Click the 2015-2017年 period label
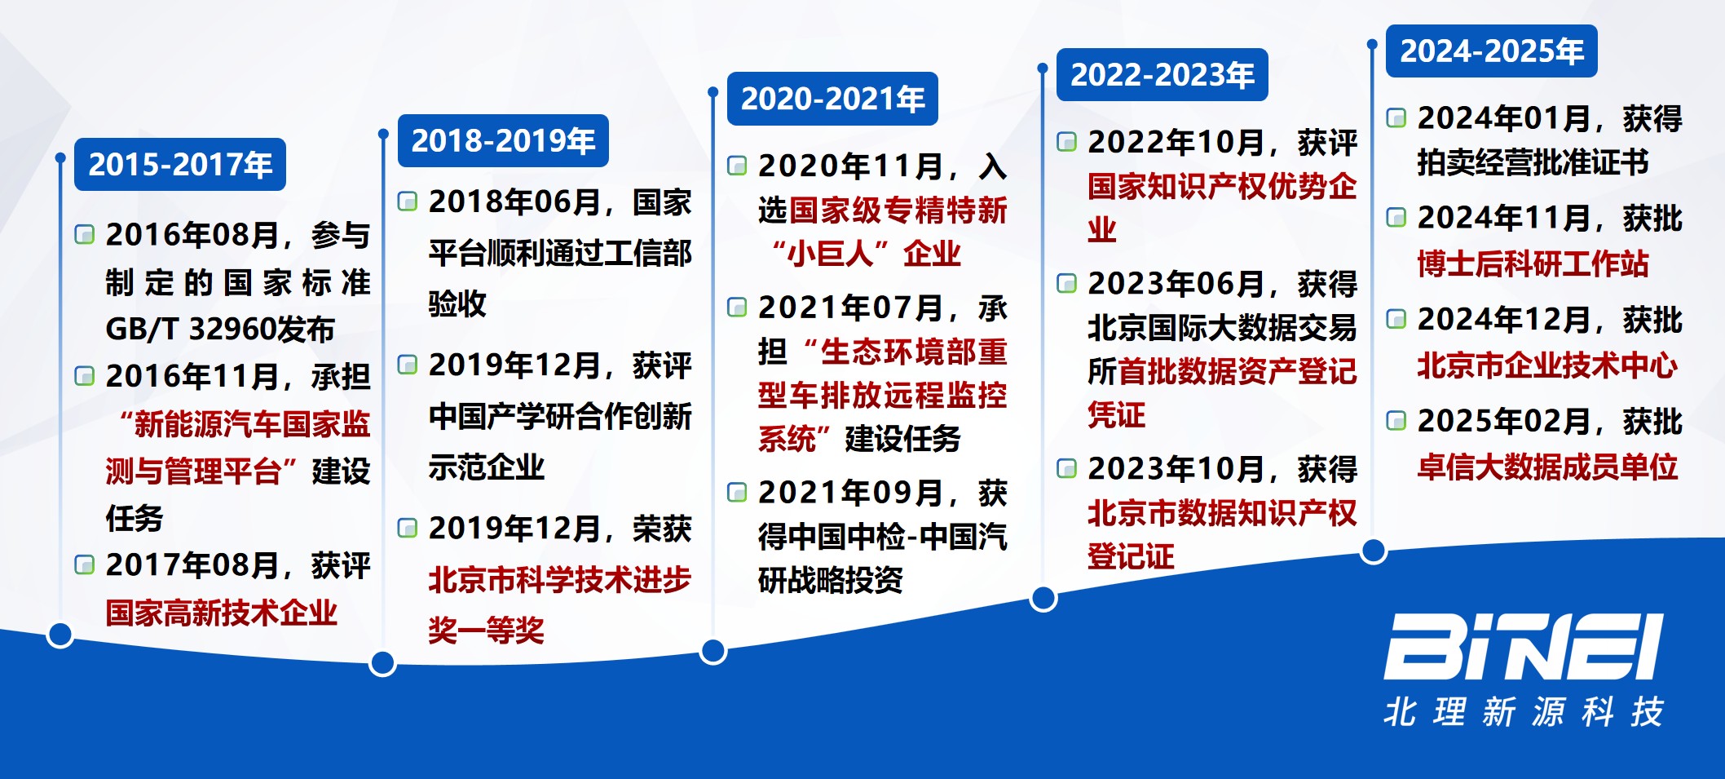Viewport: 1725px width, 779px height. click(x=180, y=165)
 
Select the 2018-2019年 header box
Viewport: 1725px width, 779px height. click(x=503, y=141)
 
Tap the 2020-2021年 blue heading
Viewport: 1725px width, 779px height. click(x=832, y=99)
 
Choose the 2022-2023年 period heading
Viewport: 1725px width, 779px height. click(x=1162, y=75)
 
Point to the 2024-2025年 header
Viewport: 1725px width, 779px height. click(x=1492, y=51)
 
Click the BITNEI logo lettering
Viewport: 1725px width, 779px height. click(x=1524, y=647)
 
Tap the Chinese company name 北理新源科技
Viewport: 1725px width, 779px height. click(x=1524, y=712)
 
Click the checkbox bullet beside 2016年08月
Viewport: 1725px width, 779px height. click(x=85, y=235)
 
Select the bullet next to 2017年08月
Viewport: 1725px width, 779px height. click(x=85, y=564)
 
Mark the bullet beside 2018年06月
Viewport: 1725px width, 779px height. click(x=408, y=201)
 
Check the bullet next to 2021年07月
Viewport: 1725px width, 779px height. click(x=737, y=308)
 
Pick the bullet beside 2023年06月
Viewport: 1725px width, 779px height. click(x=1067, y=283)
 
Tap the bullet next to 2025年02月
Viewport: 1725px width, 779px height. click(x=1396, y=421)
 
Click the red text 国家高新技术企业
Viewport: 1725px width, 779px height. click(x=222, y=613)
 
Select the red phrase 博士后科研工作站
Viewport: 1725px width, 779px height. click(x=1533, y=263)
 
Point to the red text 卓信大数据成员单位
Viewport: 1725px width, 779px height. click(x=1547, y=467)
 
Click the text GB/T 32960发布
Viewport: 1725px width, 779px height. click(x=220, y=329)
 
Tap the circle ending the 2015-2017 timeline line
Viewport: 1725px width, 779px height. click(x=60, y=635)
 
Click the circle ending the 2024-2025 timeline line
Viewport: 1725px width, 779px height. click(x=1374, y=551)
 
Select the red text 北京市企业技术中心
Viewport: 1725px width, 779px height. click(x=1547, y=365)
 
